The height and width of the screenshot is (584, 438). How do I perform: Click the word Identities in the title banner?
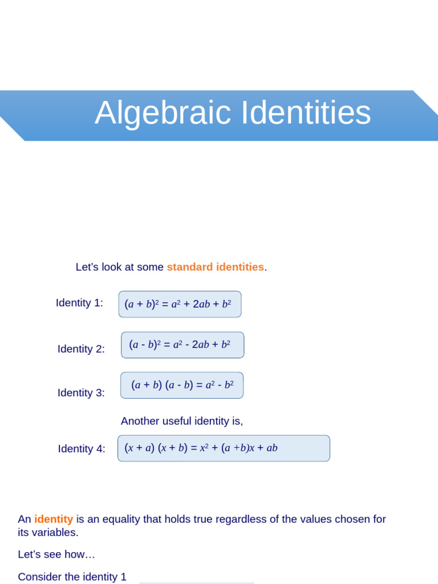click(306, 113)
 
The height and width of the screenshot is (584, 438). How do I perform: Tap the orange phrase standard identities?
click(215, 267)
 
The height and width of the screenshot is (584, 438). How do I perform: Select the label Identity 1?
click(79, 303)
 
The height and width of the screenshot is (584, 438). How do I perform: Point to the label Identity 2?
click(81, 349)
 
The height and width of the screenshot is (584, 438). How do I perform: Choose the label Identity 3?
click(81, 393)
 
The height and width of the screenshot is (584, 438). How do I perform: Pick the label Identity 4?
click(82, 449)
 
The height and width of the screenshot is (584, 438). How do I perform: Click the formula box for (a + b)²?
click(180, 304)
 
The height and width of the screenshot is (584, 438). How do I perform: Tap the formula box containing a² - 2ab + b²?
click(182, 345)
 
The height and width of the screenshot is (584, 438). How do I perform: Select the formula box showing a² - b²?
click(182, 385)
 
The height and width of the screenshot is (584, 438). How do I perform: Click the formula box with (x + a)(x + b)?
click(224, 448)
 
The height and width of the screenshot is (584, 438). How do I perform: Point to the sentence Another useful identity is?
click(182, 421)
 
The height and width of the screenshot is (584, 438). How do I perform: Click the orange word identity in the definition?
click(54, 519)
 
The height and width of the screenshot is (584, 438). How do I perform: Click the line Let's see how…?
click(56, 554)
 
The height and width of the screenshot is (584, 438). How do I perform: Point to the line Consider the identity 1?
click(72, 577)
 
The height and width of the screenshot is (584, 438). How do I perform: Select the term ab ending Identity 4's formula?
click(271, 448)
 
